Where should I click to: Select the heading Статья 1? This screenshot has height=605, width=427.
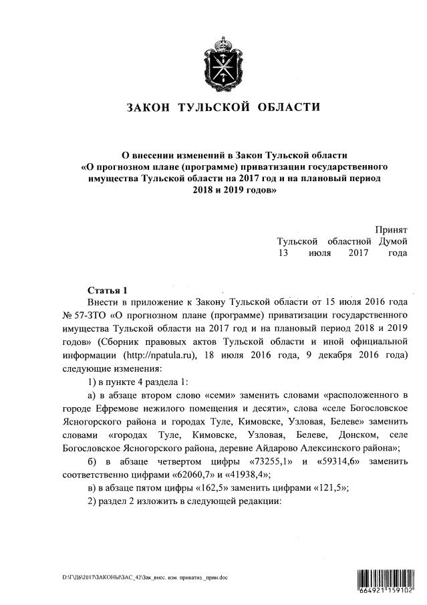point(107,289)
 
